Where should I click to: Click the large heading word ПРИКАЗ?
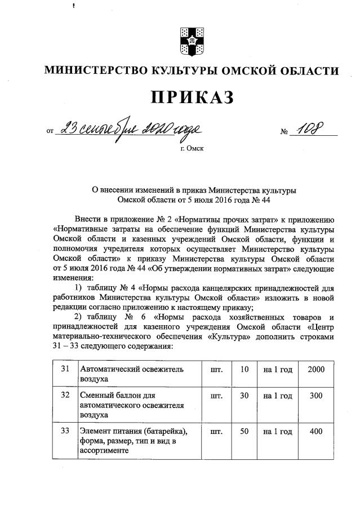191,97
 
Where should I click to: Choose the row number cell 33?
65,431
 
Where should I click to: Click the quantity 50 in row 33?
244,431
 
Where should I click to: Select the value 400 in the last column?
317,431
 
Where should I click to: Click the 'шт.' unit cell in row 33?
215,431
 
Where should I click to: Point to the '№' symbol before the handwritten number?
284,132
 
